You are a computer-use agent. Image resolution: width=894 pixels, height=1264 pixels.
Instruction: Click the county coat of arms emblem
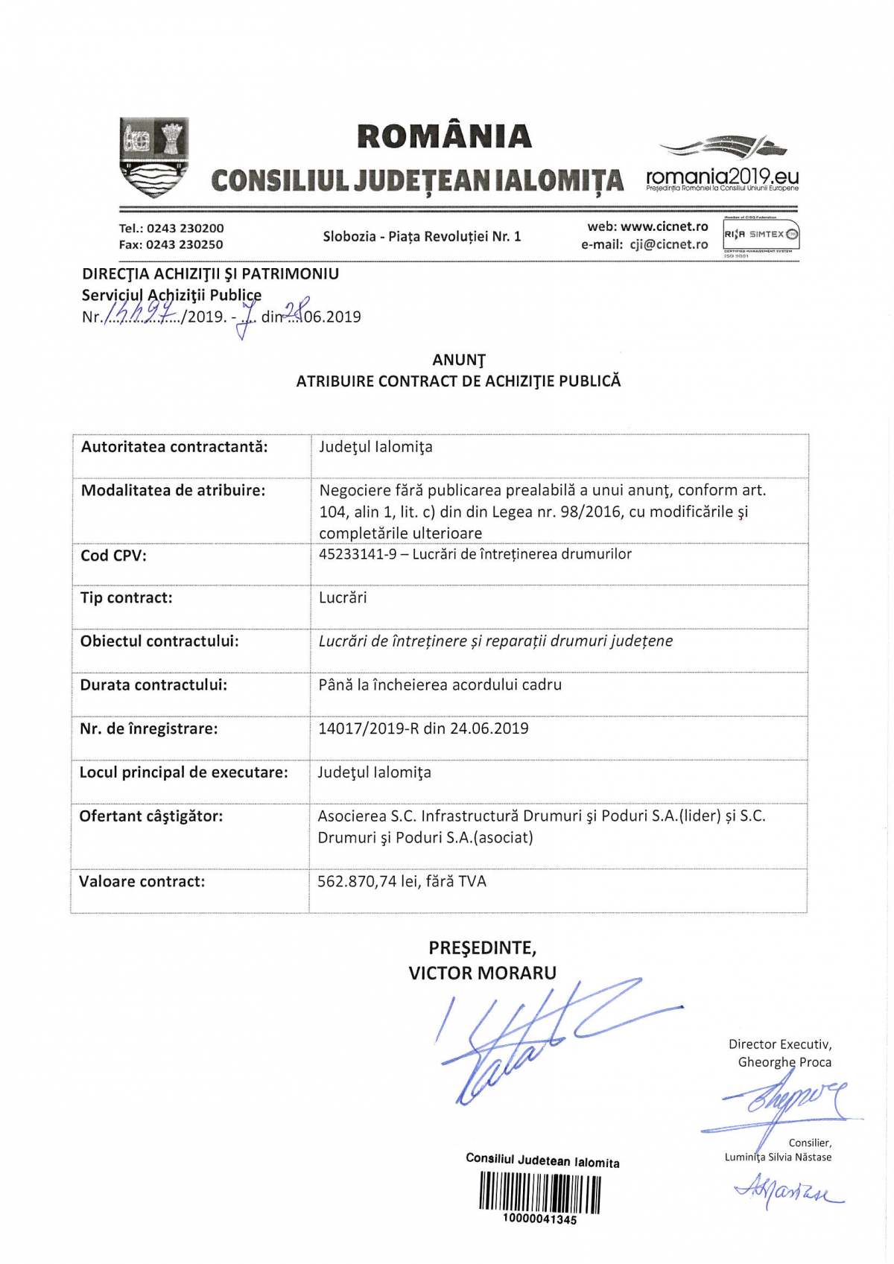154,156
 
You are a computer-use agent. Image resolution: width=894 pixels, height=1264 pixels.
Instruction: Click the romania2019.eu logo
722,165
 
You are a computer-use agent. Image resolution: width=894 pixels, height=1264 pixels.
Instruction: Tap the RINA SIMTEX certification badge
761,235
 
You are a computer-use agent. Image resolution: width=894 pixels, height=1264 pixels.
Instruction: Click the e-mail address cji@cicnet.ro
669,244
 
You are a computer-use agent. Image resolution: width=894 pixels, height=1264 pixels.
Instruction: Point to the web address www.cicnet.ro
664,226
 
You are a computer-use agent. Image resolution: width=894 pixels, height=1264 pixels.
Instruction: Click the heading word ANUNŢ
458,361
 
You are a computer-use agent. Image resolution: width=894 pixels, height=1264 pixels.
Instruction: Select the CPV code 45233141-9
358,554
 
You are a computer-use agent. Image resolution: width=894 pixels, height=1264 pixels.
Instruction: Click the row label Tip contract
126,598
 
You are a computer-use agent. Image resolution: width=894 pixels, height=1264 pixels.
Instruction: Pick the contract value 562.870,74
357,882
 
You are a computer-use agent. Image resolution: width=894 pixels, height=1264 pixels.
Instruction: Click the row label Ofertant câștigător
151,816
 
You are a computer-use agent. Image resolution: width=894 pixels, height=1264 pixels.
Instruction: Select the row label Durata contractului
153,685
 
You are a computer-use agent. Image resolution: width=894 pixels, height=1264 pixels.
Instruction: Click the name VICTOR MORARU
482,974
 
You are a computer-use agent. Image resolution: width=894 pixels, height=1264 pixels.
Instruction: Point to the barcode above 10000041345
539,1192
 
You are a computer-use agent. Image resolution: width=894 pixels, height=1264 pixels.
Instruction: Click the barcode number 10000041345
539,1220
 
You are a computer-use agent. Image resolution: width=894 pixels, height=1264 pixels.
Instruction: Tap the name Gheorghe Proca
784,1063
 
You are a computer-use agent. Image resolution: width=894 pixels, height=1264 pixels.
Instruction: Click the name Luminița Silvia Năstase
778,1157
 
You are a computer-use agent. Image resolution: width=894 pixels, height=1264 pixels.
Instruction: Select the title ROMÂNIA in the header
444,136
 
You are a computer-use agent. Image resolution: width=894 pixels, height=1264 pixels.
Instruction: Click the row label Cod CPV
113,556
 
